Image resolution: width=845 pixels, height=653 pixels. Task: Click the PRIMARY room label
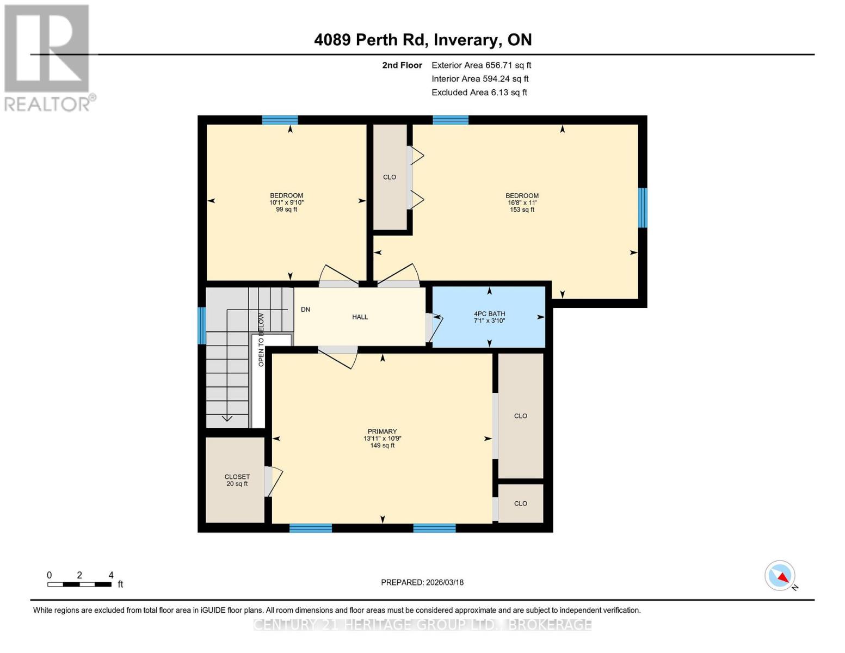click(x=382, y=438)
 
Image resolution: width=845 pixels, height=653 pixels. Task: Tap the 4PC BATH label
click(x=489, y=317)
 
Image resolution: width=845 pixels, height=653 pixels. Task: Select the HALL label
click(x=360, y=317)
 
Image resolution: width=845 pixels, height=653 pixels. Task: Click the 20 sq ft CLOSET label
click(x=237, y=480)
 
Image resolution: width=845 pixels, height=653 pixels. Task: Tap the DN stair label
click(x=305, y=310)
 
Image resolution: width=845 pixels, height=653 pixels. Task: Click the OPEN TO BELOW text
click(x=261, y=340)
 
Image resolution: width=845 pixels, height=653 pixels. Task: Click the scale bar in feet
click(x=79, y=584)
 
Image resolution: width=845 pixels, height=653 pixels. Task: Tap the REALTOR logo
click(x=48, y=57)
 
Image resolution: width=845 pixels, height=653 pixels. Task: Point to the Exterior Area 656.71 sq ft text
click(x=481, y=65)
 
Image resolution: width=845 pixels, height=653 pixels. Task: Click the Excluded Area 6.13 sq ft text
click(x=479, y=93)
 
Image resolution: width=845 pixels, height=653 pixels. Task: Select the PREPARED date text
click(x=422, y=582)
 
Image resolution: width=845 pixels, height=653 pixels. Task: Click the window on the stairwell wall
click(x=201, y=325)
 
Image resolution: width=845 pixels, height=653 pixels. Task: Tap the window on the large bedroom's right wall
click(x=643, y=207)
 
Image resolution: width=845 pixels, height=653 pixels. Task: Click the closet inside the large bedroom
click(x=390, y=177)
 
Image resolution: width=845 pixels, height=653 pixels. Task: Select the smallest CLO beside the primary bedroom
click(x=521, y=503)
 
